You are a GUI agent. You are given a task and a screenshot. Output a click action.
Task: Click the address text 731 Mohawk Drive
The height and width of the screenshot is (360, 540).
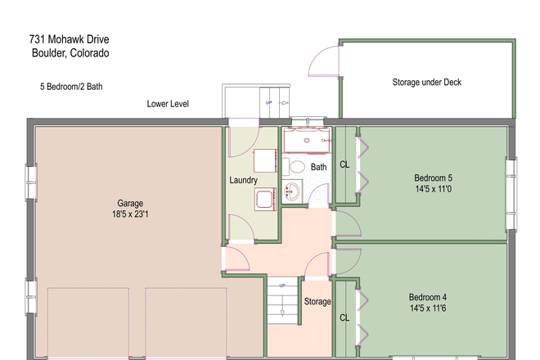70,39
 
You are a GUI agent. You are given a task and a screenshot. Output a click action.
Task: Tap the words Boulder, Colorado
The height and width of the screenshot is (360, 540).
70,53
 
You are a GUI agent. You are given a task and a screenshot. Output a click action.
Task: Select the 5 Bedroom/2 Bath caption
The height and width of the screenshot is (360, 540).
71,87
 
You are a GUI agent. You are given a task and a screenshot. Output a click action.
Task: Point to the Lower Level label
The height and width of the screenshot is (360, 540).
168,104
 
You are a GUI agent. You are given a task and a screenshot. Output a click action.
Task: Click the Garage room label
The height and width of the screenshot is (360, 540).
130,203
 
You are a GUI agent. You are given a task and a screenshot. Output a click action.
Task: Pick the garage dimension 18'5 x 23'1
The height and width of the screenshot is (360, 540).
130,214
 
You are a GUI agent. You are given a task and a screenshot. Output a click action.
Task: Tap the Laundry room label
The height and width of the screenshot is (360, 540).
244,180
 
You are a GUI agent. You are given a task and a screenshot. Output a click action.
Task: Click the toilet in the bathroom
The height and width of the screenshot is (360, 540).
294,166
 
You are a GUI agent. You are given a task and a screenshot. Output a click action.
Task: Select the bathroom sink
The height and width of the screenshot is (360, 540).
292,191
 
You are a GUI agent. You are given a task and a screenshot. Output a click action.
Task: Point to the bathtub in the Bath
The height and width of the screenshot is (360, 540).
307,140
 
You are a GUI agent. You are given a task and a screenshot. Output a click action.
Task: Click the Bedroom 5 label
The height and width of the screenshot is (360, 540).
434,178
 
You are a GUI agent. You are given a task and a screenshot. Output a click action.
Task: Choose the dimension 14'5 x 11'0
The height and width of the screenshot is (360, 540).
434,189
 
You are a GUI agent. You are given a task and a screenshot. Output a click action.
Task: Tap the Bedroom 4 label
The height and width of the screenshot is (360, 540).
428,297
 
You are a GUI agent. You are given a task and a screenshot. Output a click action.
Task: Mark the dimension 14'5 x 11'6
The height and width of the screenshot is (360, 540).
428,308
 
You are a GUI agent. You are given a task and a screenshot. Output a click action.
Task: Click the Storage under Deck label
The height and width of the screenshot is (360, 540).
427,83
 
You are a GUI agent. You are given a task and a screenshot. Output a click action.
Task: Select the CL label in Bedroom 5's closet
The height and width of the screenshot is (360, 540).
344,164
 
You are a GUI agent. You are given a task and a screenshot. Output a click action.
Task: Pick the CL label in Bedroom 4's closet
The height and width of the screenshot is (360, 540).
344,317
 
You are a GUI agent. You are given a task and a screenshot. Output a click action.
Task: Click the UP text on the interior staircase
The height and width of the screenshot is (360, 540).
282,286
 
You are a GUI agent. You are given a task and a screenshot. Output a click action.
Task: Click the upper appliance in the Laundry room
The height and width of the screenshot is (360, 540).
265,160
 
